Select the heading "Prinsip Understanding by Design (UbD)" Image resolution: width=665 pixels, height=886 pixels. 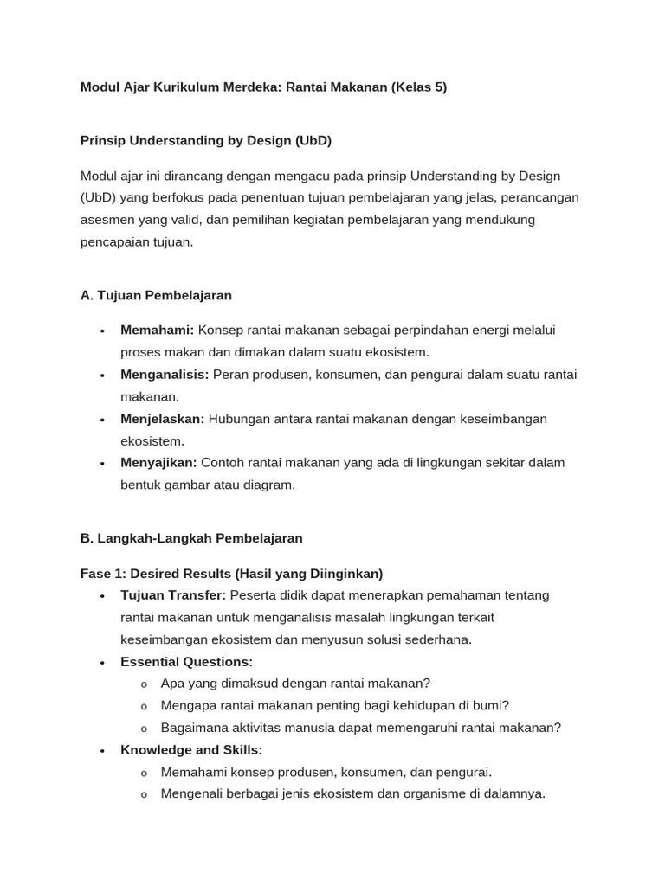pos(206,140)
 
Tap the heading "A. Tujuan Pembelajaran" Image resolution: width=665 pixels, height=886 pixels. pos(156,295)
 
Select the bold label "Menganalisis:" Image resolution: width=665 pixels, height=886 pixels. pos(165,375)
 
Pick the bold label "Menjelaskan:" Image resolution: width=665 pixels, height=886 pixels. pos(162,419)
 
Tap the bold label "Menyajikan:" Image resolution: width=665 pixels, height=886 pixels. pos(158,463)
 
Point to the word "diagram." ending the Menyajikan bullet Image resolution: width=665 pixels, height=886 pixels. pos(270,485)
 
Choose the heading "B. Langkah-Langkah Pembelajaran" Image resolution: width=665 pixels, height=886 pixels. pos(191,538)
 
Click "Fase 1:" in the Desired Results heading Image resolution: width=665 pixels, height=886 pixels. pos(102,574)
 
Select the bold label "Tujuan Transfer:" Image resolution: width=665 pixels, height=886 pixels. pos(173,595)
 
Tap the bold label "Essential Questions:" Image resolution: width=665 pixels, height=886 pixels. pos(186,662)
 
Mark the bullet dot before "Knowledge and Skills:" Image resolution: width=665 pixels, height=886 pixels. pos(102,751)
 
